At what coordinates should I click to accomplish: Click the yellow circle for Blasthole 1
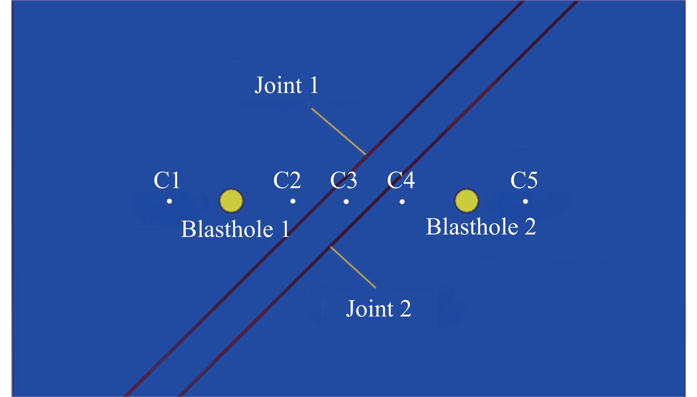tap(231, 201)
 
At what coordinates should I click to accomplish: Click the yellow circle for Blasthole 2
tap(466, 201)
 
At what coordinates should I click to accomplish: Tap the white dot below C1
tap(169, 201)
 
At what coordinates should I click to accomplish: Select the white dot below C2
tap(293, 201)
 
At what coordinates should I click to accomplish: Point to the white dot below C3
tap(346, 201)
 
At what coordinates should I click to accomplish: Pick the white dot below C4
tap(402, 201)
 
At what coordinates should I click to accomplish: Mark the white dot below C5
tap(525, 201)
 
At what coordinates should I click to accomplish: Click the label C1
tap(167, 180)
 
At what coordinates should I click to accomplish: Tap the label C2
tap(287, 180)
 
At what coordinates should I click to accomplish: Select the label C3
tap(344, 180)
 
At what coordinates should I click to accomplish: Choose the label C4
tap(401, 180)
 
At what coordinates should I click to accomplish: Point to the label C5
tap(524, 180)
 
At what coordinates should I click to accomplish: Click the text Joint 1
tap(286, 85)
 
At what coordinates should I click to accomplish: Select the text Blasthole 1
tap(235, 229)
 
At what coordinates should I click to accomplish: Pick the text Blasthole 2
tap(481, 227)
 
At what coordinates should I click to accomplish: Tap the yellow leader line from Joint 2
tap(353, 267)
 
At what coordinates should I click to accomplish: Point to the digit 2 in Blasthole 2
tap(529, 227)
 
